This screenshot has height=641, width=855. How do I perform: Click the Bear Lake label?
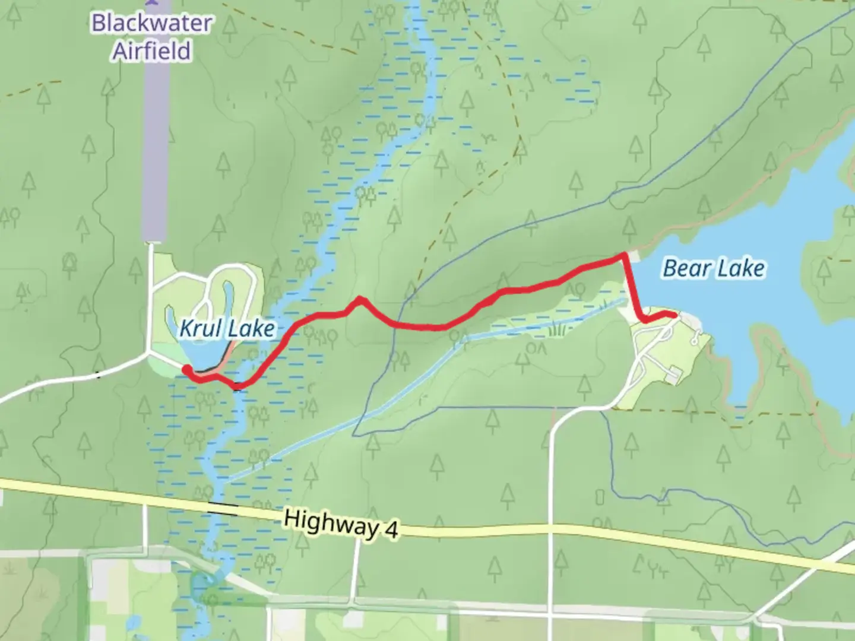point(713,268)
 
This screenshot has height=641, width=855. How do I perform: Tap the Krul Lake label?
point(227,328)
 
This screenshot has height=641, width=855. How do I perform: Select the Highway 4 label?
point(340,524)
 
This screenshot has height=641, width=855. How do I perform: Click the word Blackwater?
point(152,24)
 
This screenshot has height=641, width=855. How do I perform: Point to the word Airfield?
point(152,51)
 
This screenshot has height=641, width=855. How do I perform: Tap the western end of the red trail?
point(186,370)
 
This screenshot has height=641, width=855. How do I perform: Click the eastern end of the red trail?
point(674,315)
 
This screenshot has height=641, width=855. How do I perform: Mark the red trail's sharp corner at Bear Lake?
point(623,255)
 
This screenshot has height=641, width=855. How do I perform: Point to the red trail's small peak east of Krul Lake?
point(359,300)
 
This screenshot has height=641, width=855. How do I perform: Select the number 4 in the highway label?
point(390,530)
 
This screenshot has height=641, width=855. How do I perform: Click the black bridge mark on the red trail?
point(237,388)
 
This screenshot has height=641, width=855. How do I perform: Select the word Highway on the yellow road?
point(328,523)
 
